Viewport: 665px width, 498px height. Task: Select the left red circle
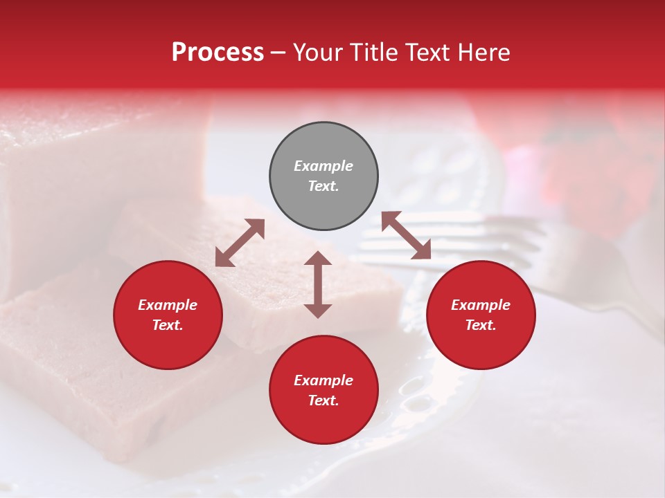coord(168,315)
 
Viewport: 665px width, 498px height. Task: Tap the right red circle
coord(481,315)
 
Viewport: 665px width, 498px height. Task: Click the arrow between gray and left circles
coord(240,243)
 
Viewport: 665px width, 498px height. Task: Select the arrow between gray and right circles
coord(406,235)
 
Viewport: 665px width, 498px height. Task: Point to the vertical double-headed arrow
coord(318,284)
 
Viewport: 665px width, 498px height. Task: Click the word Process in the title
coord(218,53)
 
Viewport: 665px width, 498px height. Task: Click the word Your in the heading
coord(316,53)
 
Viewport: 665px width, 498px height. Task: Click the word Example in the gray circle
coord(323,166)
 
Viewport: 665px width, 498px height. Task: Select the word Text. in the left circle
coord(168,325)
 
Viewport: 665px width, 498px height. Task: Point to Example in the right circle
coord(481,305)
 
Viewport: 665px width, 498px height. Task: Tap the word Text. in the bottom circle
coord(323,400)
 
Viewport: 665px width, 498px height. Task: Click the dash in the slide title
coord(278,53)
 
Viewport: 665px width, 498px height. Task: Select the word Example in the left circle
coord(168,305)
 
